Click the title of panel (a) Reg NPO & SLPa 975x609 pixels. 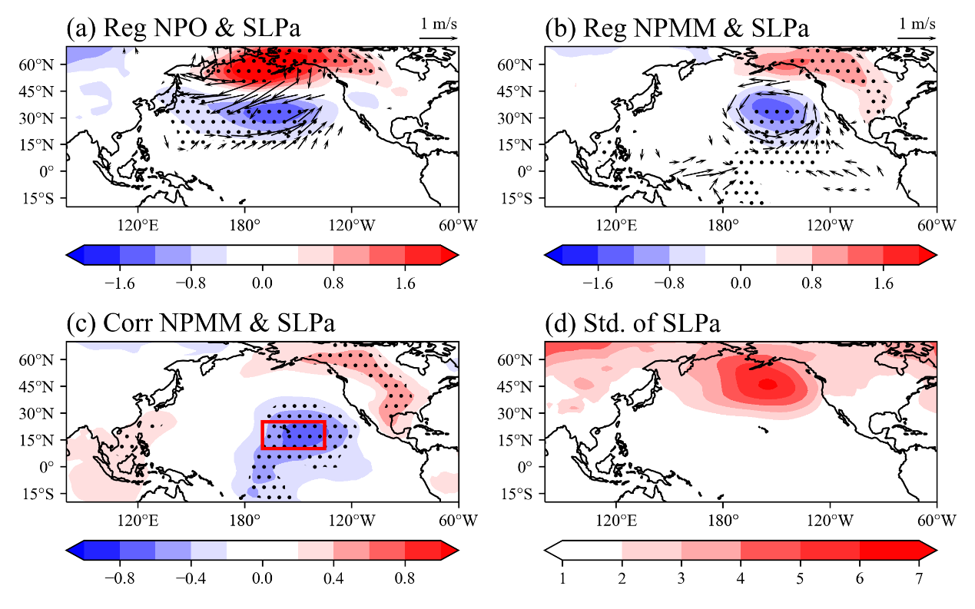pyautogui.click(x=183, y=28)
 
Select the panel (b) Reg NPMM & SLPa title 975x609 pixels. pyautogui.click(x=676, y=28)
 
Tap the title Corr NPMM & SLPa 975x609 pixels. pyautogui.click(x=201, y=324)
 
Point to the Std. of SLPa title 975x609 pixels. pyautogui.click(x=632, y=324)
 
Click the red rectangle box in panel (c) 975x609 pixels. pyautogui.click(x=293, y=435)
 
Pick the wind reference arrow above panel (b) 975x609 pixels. pyautogui.click(x=917, y=37)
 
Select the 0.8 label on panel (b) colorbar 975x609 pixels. pyautogui.click(x=811, y=283)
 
